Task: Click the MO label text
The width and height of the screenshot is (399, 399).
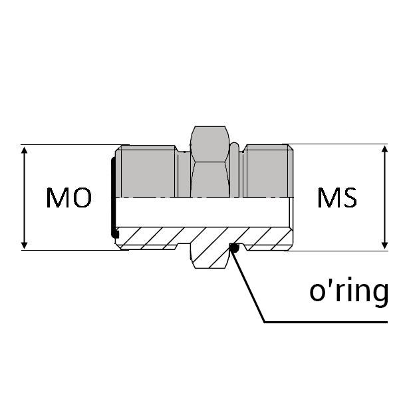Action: click(68, 198)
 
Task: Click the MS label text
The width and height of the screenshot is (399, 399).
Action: click(337, 198)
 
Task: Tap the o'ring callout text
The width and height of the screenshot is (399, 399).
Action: click(349, 292)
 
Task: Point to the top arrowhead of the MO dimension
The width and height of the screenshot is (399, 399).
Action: click(24, 150)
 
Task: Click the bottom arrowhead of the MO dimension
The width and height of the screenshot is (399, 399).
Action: click(24, 245)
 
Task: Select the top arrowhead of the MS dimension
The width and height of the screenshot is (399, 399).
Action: click(385, 150)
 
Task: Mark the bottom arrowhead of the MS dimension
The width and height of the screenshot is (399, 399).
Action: click(385, 245)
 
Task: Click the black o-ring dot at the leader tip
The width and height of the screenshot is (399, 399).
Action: click(234, 247)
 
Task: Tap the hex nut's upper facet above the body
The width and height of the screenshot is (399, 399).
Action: click(210, 144)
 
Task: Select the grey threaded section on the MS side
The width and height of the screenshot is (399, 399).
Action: click(268, 171)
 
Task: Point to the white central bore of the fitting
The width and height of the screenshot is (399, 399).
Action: click(202, 212)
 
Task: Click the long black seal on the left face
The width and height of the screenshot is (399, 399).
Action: click(114, 198)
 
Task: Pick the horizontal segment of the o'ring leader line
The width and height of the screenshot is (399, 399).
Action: click(326, 322)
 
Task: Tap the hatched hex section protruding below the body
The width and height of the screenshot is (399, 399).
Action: click(210, 256)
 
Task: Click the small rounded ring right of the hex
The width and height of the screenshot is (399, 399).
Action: click(234, 170)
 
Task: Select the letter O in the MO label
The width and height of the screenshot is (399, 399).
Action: click(82, 198)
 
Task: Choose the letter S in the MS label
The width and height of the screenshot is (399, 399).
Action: click(349, 198)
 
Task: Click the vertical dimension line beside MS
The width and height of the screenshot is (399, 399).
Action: click(385, 198)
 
